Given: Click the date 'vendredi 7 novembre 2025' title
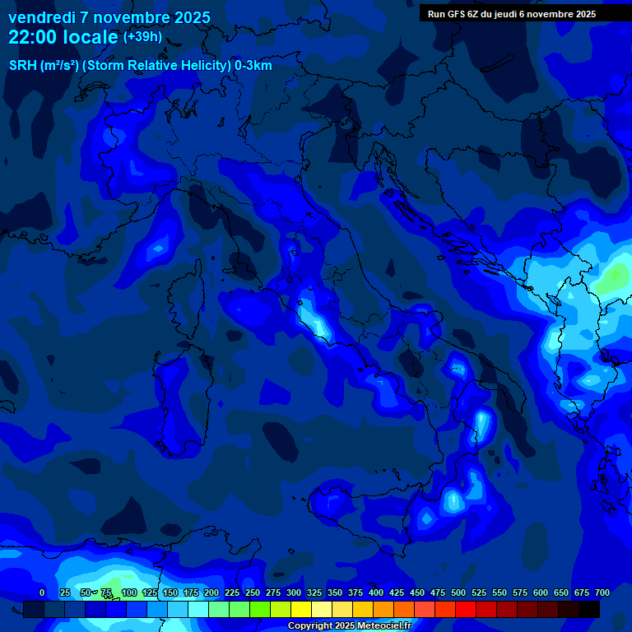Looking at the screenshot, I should point(109,17).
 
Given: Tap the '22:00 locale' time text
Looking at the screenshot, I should point(63,37).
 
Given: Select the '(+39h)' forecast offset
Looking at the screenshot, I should point(142,37).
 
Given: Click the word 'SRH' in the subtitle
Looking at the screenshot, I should point(23,66).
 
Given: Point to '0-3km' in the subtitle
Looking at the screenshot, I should point(253,66).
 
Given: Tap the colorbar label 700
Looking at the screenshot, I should point(602,592).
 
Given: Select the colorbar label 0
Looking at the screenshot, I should point(42,592).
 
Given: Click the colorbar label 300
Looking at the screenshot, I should point(294,592).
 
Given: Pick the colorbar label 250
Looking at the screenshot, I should point(253,592).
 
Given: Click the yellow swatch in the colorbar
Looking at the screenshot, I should point(301,610).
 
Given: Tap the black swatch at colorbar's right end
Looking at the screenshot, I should point(589,610).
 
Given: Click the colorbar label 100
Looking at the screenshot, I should point(129,592).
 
